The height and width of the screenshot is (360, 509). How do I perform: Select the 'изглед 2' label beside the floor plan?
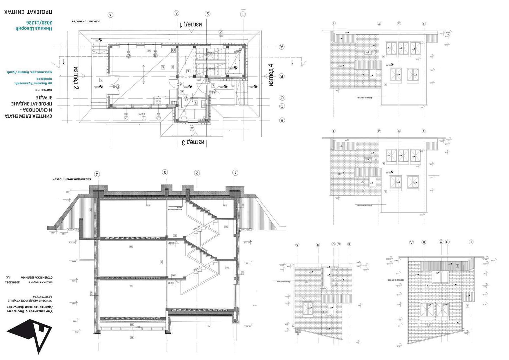76,78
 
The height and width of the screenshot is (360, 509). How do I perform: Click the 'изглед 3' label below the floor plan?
193,142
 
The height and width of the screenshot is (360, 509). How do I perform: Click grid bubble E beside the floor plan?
281,120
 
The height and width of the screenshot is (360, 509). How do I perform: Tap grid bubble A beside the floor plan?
281,47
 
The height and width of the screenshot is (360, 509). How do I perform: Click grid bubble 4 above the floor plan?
110,15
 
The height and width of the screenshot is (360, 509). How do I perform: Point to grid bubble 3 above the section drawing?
165,172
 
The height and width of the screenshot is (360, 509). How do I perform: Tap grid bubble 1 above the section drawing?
235,173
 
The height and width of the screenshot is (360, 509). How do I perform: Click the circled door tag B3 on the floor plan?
118,86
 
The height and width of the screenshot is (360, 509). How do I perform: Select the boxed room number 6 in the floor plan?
163,67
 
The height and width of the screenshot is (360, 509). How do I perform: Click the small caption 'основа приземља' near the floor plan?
86,21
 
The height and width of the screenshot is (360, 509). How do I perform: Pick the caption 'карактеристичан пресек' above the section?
72,179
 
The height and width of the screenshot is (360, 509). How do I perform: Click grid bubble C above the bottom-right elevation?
441,242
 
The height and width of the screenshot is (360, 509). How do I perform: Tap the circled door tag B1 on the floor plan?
214,92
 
